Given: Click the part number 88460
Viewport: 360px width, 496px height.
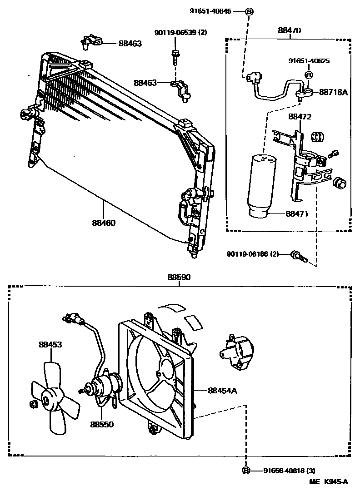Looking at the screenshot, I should click(104, 223).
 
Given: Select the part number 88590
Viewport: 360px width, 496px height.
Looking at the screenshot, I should click(179, 277).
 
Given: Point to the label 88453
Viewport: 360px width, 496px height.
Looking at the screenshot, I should click(50, 345).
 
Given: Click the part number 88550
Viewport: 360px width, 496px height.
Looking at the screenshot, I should click(101, 424).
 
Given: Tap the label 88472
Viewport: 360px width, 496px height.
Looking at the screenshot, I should click(300, 117).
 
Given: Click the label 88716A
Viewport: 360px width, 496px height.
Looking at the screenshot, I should click(333, 92).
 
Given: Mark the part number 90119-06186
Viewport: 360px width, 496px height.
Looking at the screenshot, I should click(252, 254).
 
